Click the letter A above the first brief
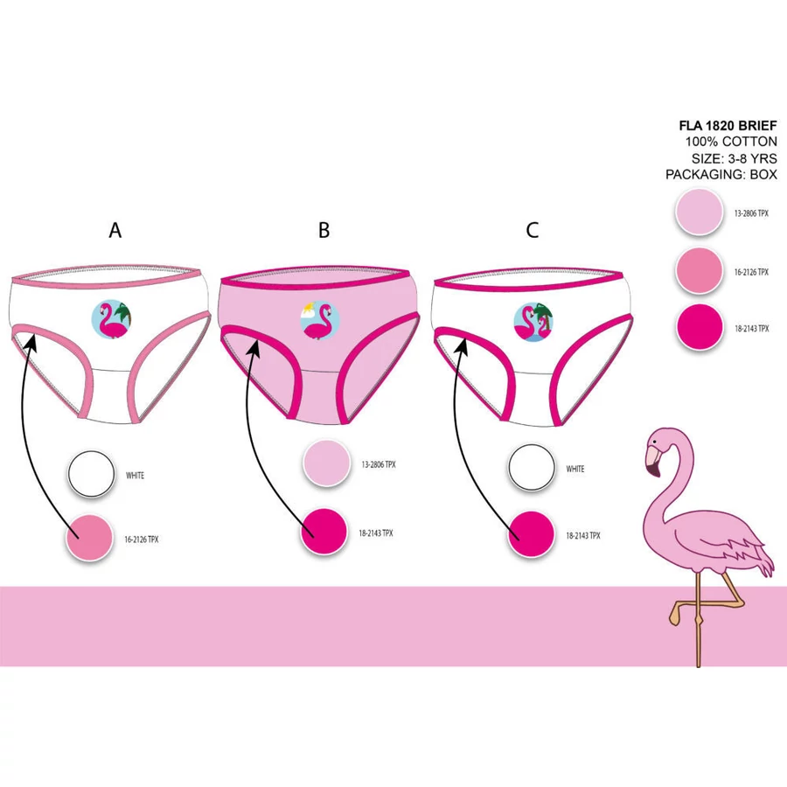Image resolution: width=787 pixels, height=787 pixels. [x=114, y=230]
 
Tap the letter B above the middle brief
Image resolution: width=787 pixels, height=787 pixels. [x=324, y=230]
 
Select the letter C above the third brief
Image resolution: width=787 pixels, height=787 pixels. [x=533, y=230]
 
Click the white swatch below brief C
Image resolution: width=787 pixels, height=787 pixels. [x=533, y=468]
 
